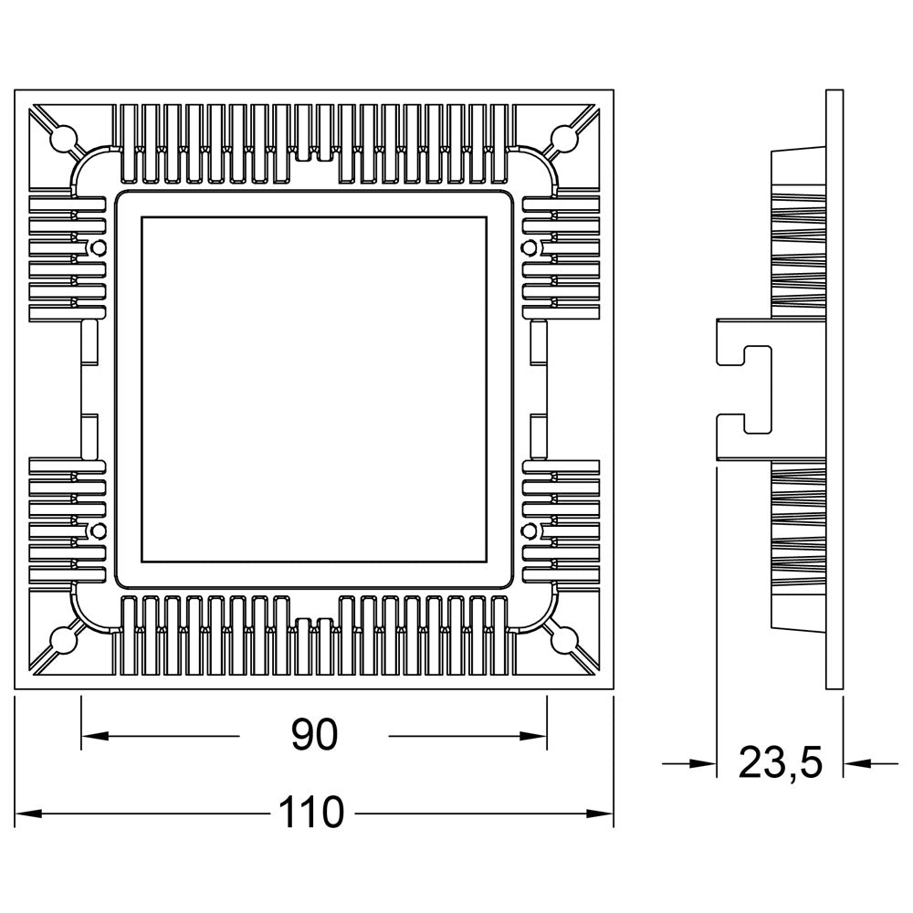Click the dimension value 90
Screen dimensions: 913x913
(314, 735)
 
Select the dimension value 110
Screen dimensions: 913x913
(314, 812)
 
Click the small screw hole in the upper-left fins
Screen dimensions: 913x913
(93, 247)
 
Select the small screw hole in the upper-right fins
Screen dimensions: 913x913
(527, 247)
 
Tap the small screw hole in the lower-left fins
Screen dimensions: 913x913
(93, 530)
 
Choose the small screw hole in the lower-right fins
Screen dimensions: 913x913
(527, 530)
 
